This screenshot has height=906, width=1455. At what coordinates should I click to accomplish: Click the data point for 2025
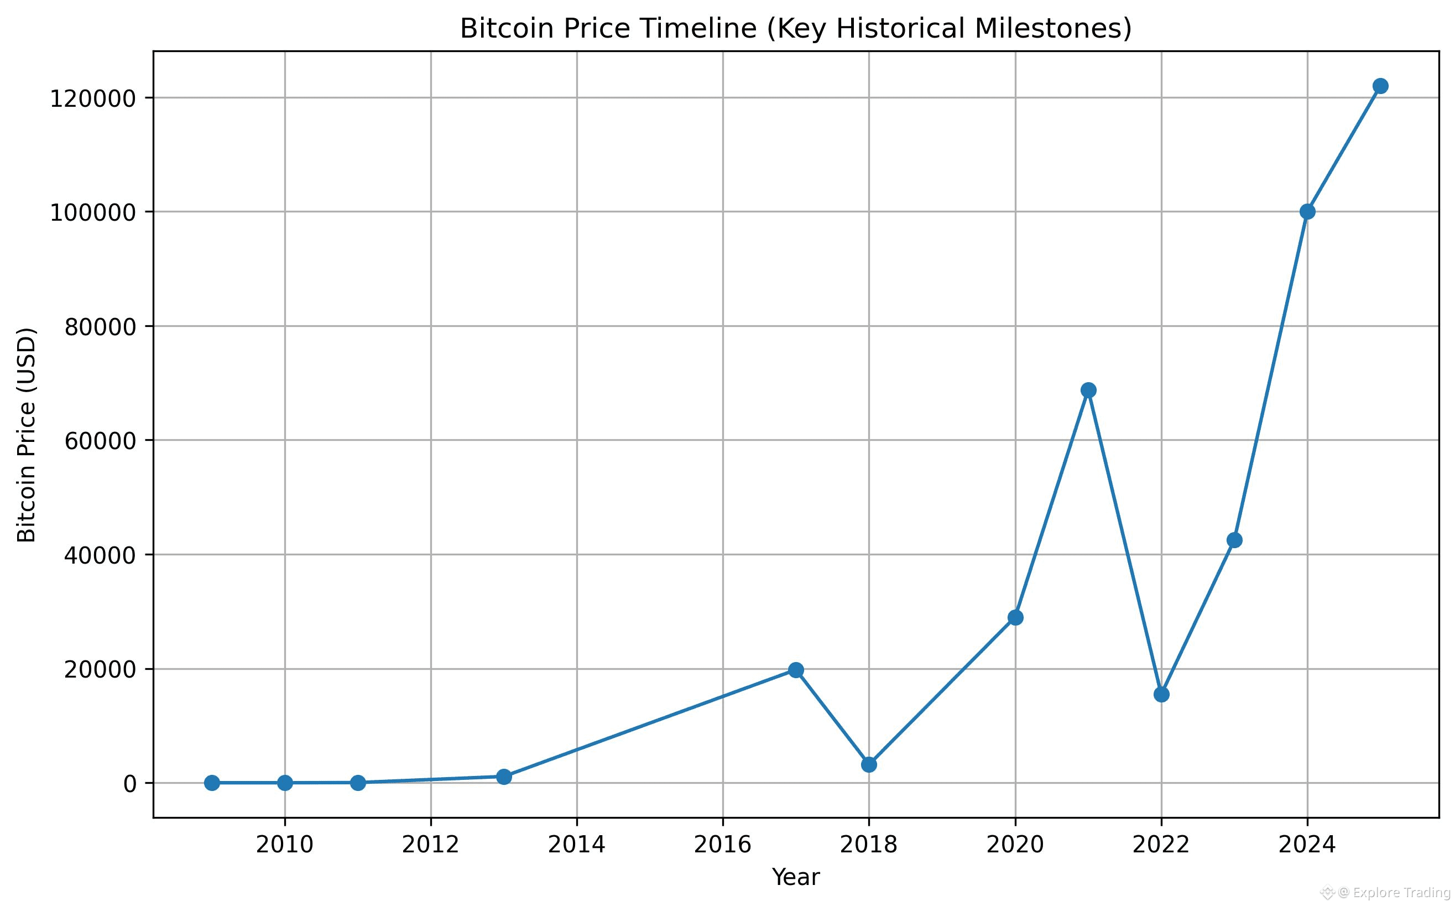(1380, 86)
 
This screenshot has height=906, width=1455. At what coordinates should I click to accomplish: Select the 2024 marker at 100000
(1308, 211)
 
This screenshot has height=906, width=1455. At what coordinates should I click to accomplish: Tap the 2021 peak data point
(1088, 390)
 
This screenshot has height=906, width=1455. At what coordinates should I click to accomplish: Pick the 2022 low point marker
(1161, 695)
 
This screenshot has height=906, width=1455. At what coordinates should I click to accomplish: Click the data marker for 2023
(1234, 540)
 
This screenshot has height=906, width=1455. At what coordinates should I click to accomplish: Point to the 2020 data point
(1015, 617)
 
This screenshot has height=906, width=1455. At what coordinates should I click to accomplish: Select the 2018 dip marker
(869, 764)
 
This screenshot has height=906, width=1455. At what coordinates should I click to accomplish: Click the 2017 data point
(796, 670)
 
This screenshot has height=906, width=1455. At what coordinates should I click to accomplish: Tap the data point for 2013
(504, 777)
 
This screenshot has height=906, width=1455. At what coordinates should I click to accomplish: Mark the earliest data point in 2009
(211, 783)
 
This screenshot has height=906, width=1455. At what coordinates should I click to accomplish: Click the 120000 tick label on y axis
(94, 99)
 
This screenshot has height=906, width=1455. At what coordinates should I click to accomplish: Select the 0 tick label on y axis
(130, 784)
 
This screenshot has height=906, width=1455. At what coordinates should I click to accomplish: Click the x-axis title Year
(795, 877)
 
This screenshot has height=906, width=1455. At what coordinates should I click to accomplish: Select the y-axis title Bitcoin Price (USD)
(27, 435)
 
